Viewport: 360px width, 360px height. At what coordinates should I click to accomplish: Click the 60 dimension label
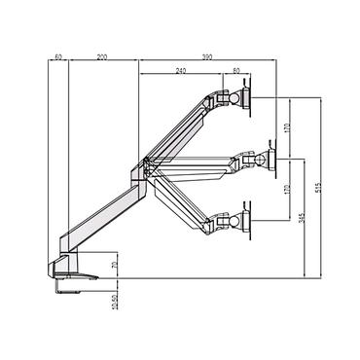tap(60, 58)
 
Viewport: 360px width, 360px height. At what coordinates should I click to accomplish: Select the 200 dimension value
tap(102, 58)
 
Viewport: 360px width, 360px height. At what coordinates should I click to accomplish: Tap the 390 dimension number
tap(208, 58)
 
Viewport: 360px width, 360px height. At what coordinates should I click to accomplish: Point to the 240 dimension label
tap(181, 71)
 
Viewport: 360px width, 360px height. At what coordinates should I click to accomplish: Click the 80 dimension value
tap(238, 71)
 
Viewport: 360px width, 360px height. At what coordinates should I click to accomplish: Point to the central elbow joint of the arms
tap(143, 170)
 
